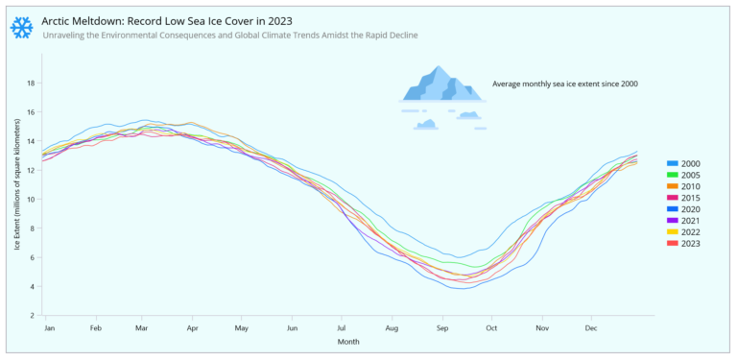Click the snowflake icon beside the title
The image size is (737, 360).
point(21,27)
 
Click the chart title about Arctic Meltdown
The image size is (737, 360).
point(167,20)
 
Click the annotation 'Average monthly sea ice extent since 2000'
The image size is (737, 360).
point(564,84)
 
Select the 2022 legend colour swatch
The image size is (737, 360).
point(673,231)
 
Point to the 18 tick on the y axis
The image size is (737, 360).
point(31,84)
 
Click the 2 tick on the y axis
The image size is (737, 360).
point(33,315)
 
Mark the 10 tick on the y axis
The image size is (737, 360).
point(31,199)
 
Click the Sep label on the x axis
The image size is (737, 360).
point(442,328)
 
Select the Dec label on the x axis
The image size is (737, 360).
point(591,328)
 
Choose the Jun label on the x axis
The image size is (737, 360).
point(293,328)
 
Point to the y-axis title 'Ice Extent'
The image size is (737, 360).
point(17,200)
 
